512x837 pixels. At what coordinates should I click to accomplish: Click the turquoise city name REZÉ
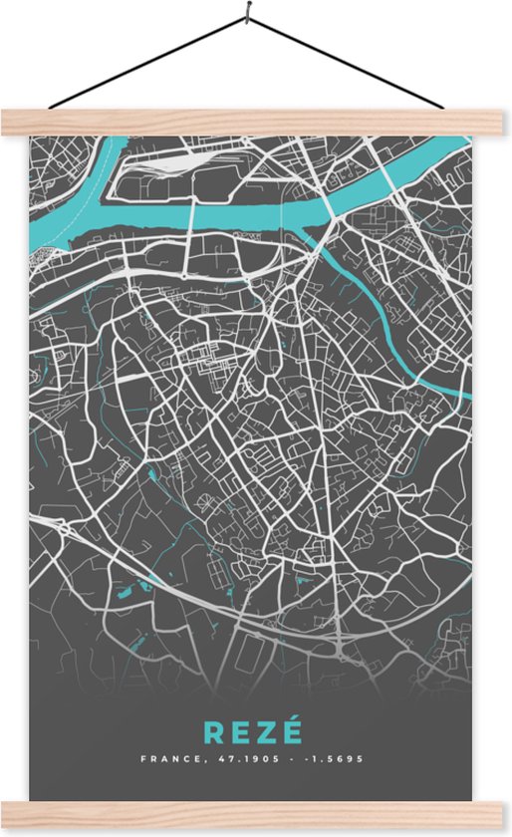252,732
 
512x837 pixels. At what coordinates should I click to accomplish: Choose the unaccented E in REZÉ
240,733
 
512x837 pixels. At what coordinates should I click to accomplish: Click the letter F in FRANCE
143,759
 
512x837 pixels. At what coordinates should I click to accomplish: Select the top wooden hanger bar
256,122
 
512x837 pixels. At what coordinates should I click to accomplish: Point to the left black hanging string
149,61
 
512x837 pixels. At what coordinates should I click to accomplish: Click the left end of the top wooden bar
8,122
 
